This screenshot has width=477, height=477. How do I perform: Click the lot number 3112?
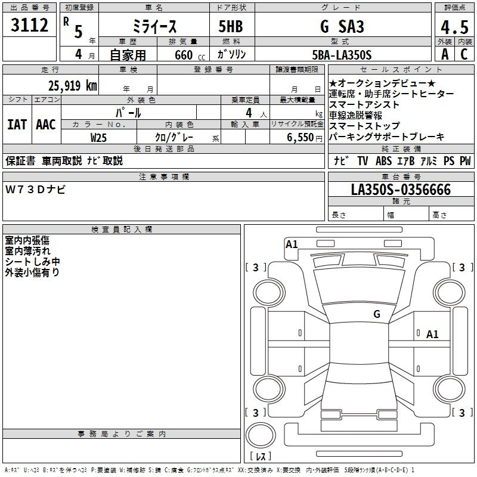(x=29, y=25)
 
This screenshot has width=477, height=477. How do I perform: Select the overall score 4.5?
(x=454, y=27)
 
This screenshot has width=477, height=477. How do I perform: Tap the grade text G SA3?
(x=342, y=26)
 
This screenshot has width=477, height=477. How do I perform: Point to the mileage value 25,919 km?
(x=72, y=86)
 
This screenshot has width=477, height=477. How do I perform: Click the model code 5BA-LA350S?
(x=342, y=55)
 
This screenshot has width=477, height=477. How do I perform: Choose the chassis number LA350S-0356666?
(x=401, y=190)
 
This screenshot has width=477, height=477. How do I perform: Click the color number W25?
(x=98, y=138)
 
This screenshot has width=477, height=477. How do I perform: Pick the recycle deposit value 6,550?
(x=301, y=138)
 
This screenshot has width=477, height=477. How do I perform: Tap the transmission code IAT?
(x=17, y=125)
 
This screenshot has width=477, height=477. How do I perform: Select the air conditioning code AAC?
(x=46, y=125)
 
